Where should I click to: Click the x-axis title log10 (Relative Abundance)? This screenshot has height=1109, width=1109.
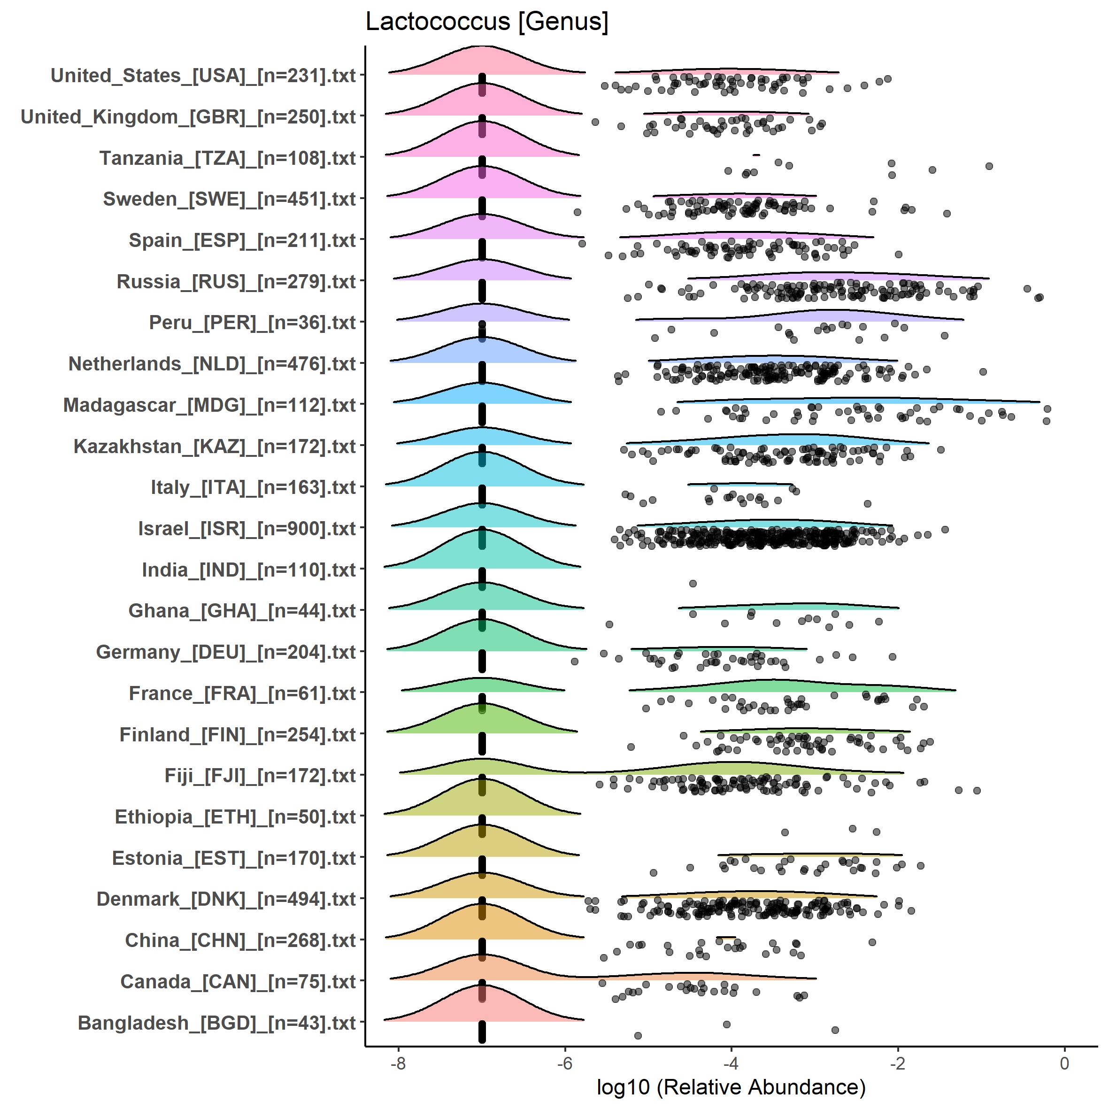pyautogui.click(x=731, y=1086)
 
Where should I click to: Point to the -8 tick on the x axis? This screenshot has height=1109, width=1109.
pyautogui.click(x=398, y=1063)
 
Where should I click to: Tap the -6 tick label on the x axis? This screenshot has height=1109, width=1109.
pyautogui.click(x=565, y=1063)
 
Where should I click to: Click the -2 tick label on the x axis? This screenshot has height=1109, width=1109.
pyautogui.click(x=898, y=1063)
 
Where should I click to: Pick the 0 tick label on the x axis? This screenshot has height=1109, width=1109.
pyautogui.click(x=1064, y=1063)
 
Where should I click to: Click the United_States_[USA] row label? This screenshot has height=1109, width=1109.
pyautogui.click(x=203, y=76)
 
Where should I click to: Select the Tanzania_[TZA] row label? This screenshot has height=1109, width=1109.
pyautogui.click(x=227, y=158)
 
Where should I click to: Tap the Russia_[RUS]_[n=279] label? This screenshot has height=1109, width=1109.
pyautogui.click(x=236, y=282)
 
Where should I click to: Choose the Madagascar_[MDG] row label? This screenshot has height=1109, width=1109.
pyautogui.click(x=209, y=405)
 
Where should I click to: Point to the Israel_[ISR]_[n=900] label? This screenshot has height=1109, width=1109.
pyautogui.click(x=247, y=529)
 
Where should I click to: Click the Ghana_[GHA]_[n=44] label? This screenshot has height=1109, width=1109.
pyautogui.click(x=242, y=611)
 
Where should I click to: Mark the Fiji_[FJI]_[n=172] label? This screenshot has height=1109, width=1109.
pyautogui.click(x=260, y=776)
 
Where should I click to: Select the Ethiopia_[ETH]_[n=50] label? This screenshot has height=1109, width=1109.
pyautogui.click(x=235, y=817)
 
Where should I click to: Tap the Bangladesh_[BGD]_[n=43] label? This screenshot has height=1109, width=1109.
pyautogui.click(x=216, y=1023)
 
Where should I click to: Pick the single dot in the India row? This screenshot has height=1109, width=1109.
pyautogui.click(x=693, y=584)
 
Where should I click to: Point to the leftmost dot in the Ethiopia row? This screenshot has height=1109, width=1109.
pyautogui.click(x=785, y=832)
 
